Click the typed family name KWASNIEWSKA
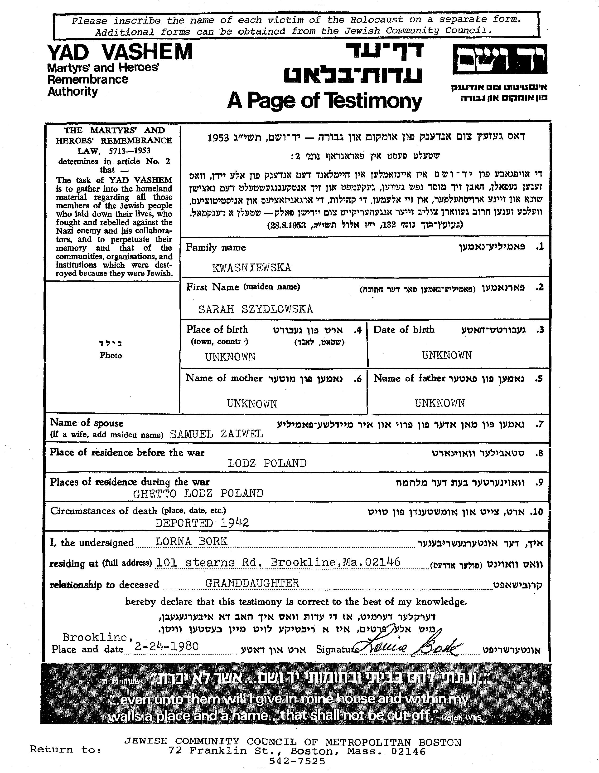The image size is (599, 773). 251,268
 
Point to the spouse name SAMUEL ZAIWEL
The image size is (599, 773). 217,434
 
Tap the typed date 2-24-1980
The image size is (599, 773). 166,646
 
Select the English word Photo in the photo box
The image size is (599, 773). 111,355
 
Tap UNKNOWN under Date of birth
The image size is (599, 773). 446,355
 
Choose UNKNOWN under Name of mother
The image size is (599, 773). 252,403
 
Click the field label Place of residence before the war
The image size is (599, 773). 127,452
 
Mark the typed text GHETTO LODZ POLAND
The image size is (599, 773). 198,493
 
